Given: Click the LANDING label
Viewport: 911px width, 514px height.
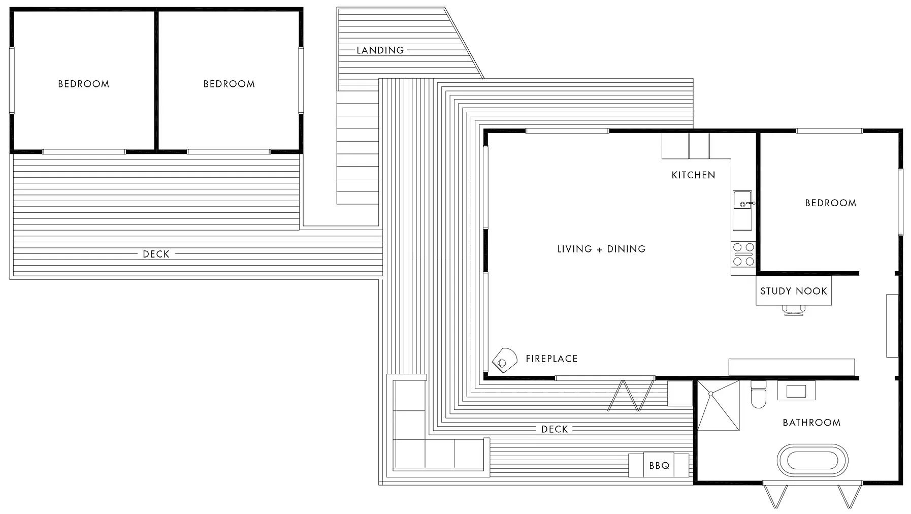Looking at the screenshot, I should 380,50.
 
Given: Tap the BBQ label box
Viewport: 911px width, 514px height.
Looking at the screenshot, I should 659,465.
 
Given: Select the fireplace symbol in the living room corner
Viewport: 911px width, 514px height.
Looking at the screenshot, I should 504,361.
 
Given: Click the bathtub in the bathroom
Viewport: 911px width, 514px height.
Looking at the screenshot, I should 812,461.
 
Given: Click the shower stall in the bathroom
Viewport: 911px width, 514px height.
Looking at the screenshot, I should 718,405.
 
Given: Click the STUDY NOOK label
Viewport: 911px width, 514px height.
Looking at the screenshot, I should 793,291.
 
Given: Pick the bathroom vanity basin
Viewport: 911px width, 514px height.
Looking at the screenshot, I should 796,391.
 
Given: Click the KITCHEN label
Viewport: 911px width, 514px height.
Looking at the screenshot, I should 693,175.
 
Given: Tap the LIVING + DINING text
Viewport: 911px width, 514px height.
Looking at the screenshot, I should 601,249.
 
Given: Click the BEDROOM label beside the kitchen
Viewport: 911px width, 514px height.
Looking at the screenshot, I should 830,203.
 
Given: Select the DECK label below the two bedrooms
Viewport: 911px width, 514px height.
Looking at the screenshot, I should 156,254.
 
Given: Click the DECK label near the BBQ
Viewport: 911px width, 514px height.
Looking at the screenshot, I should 554,429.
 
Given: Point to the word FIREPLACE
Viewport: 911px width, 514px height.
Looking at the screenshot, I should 551,359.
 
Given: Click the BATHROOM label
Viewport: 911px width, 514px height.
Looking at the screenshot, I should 811,423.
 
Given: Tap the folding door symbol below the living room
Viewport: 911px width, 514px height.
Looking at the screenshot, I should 631,395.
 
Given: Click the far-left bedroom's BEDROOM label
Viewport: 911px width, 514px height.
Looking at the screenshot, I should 83,84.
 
